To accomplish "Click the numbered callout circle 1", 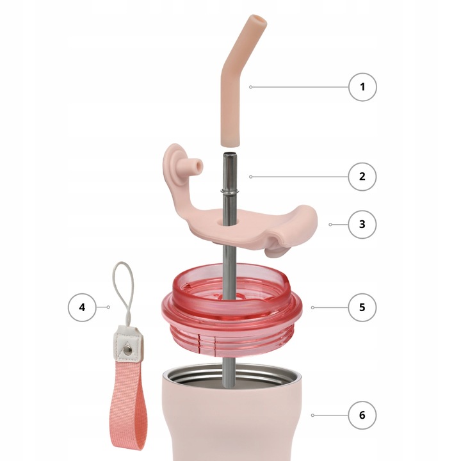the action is coord(362,87).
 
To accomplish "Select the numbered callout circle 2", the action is coord(362,177).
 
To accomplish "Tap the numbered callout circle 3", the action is coord(362,224).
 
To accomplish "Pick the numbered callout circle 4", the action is coord(82,307).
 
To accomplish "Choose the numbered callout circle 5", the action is coord(362,307).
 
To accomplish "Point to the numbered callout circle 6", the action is coord(362,415).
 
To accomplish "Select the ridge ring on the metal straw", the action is coord(229,191).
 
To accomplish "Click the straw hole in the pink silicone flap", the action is coord(229,222).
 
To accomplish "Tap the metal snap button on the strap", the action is coord(127,350).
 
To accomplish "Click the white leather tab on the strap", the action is coord(127,344).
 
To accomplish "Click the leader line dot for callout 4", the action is coord(108,307).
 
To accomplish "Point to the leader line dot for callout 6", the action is coord(312,415).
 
